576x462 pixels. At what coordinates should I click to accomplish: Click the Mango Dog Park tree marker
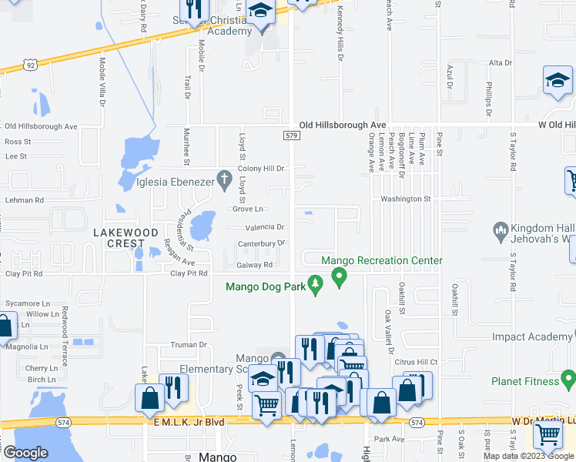(314, 286)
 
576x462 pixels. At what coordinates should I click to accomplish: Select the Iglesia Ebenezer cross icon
(224, 180)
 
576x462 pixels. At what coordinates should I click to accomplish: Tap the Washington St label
(405, 199)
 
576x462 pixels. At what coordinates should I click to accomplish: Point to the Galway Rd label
(254, 265)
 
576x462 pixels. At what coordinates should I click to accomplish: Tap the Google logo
(25, 453)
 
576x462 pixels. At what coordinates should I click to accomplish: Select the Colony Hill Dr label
(262, 169)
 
